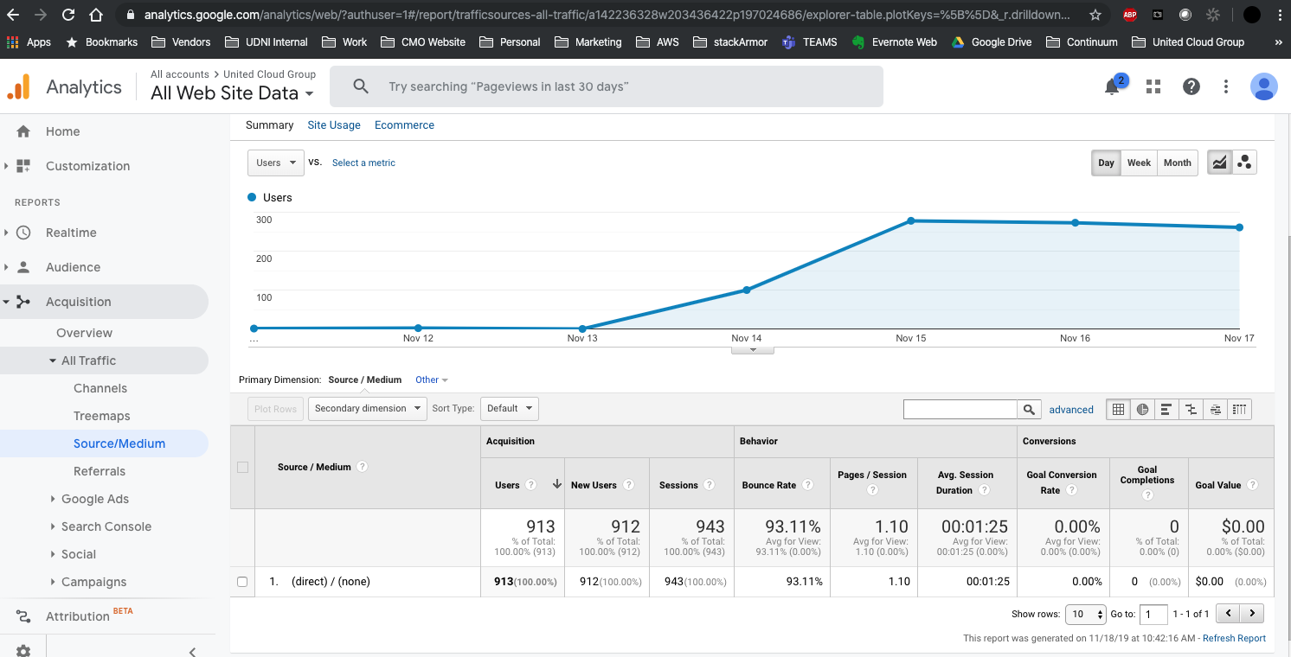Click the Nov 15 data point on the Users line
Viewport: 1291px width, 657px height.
(x=911, y=220)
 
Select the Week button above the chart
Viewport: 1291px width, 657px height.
(x=1139, y=163)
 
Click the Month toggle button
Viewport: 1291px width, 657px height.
(x=1177, y=163)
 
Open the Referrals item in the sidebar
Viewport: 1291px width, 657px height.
(x=100, y=471)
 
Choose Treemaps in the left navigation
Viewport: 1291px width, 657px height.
(x=102, y=416)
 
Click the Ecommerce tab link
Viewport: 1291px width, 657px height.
(x=404, y=125)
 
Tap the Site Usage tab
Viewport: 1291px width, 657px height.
(x=334, y=125)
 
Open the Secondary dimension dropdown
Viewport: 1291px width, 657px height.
(x=367, y=408)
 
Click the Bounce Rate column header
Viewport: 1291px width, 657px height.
(x=768, y=485)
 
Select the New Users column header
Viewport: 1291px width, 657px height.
(x=594, y=485)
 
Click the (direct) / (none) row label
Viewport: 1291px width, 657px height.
(x=331, y=582)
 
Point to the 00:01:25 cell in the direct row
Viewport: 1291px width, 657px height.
(x=987, y=582)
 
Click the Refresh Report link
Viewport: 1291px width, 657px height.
(x=1234, y=638)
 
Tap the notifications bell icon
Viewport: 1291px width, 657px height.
(x=1113, y=86)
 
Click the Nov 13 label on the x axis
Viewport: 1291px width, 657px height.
(x=582, y=338)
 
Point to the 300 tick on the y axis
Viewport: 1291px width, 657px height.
(x=264, y=220)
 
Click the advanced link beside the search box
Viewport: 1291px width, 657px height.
(x=1071, y=410)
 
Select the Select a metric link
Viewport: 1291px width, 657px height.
(x=363, y=163)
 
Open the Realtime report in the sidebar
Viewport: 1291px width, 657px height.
(x=71, y=233)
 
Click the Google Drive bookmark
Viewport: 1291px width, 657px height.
(x=1000, y=41)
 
